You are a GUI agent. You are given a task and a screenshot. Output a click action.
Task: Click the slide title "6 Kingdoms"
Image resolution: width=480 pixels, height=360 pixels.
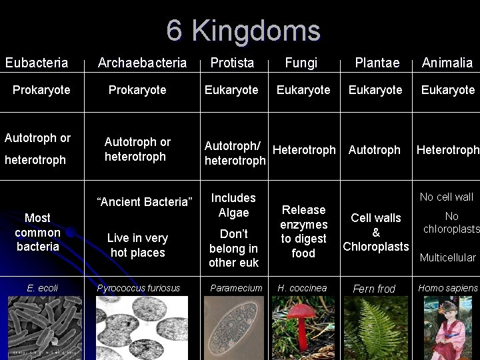[x=243, y=31]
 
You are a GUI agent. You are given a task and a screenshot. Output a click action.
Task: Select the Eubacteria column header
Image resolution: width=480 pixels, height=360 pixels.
[x=37, y=63]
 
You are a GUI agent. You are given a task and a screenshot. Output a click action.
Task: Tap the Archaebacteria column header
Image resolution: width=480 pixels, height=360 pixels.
[x=142, y=63]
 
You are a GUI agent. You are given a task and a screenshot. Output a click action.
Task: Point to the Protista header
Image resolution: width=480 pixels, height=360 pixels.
[x=232, y=63]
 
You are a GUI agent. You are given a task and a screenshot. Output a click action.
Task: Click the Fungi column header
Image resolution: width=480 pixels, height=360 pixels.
[x=301, y=63]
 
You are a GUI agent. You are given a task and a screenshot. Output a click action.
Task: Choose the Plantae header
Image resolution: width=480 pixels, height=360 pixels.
[x=377, y=63]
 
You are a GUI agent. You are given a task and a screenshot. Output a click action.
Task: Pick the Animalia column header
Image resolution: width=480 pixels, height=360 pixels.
[x=447, y=63]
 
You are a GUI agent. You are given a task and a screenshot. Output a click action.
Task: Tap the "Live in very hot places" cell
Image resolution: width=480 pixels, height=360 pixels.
[x=137, y=245]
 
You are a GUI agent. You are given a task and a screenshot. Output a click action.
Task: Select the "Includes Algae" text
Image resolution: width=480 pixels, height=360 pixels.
[x=233, y=205]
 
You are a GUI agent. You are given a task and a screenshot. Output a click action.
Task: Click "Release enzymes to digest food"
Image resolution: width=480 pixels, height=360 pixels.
[x=303, y=231]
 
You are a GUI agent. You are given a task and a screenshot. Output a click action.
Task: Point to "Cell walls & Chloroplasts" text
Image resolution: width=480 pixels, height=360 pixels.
[x=376, y=232]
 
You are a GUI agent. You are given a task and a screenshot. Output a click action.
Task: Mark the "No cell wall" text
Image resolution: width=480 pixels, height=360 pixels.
[x=446, y=197]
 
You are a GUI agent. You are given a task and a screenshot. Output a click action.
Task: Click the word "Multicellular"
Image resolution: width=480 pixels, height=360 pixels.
[x=447, y=257]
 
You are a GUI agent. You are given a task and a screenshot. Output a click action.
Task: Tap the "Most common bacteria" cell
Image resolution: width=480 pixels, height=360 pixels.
[x=37, y=232]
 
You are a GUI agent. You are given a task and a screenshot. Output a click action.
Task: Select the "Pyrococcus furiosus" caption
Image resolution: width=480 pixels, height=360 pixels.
[x=139, y=288]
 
